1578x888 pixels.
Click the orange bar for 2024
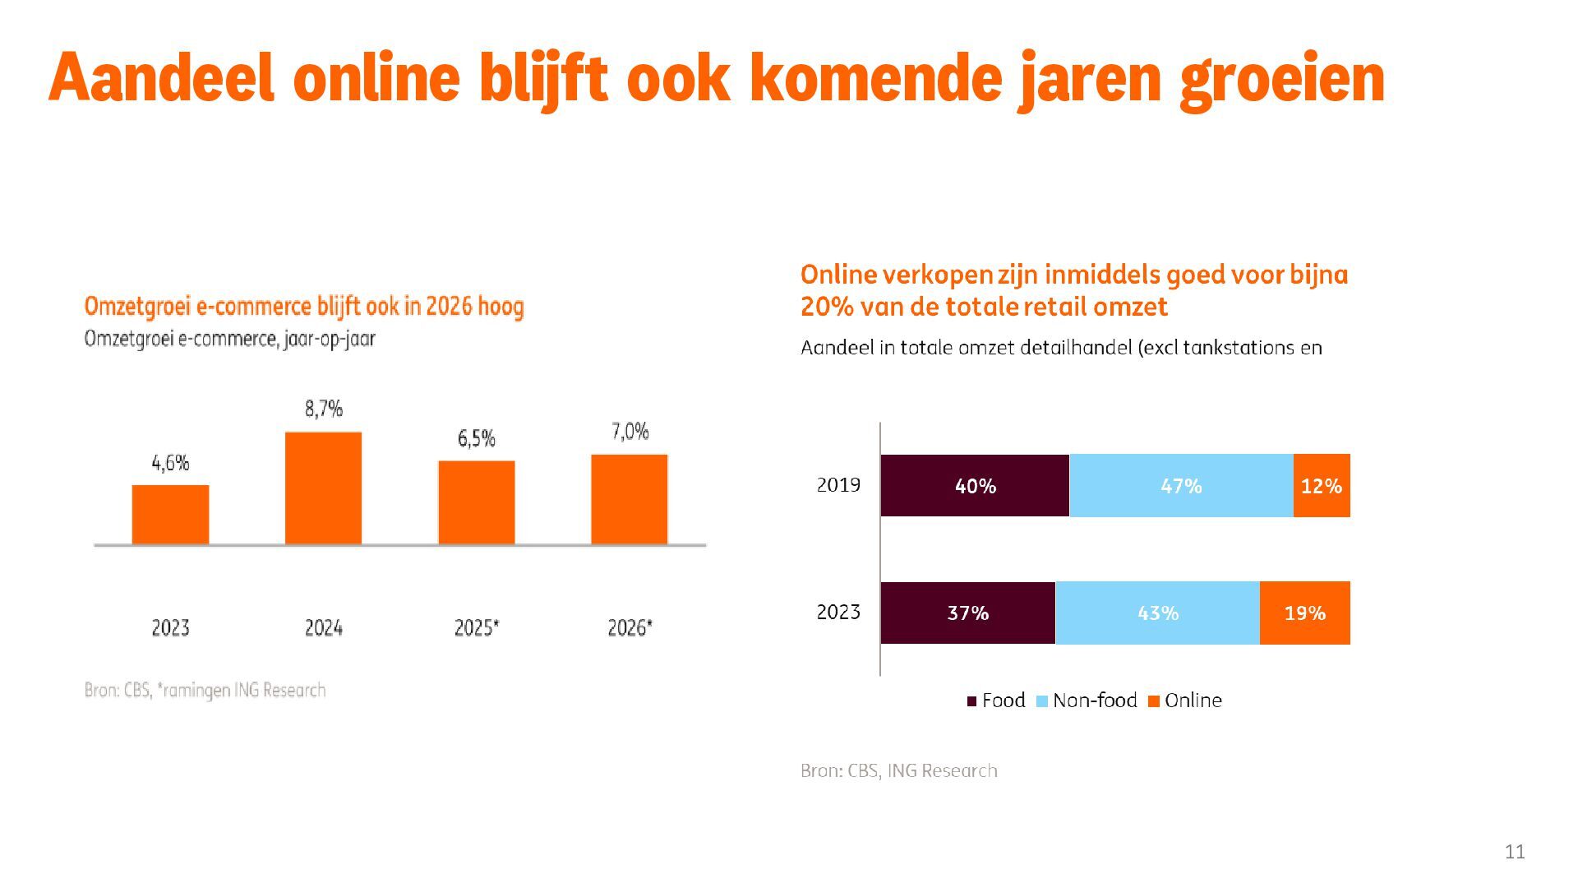323,488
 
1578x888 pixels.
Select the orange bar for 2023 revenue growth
170,514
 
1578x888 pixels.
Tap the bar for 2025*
477,502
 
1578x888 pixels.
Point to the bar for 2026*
630,499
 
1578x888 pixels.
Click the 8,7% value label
324,409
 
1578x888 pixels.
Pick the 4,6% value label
170,463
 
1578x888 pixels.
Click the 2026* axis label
630,628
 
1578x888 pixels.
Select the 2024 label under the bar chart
323,628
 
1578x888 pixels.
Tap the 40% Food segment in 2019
975,486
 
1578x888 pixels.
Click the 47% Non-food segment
1181,486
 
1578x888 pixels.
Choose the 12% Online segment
1322,486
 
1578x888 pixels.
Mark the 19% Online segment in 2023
1305,613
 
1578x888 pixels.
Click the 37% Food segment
967,613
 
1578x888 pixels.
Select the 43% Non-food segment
1157,613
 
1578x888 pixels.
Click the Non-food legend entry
1087,701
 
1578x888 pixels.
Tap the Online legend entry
1185,701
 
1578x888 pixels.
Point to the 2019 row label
838,485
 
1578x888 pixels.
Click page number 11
1515,852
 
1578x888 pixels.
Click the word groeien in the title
1282,79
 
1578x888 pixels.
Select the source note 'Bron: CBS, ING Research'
899,771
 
